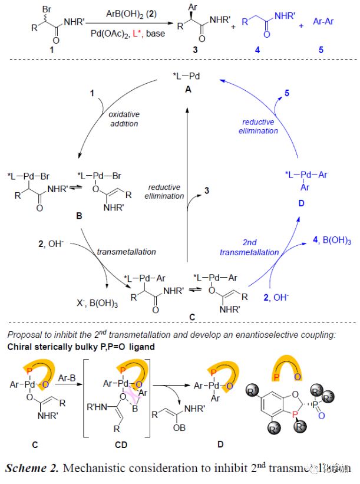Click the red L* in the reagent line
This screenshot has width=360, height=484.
click(x=140, y=36)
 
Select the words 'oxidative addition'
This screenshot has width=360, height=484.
click(x=123, y=119)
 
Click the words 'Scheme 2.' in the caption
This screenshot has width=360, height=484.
click(x=36, y=469)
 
